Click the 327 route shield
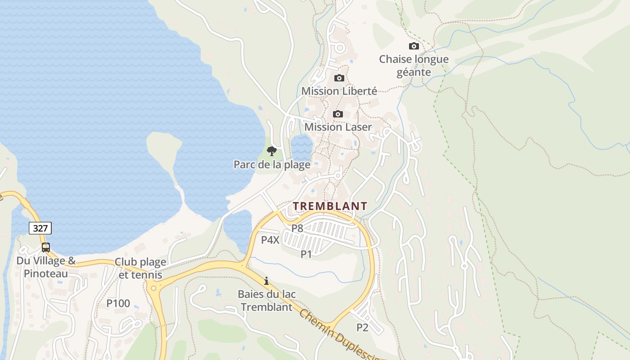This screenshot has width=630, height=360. [x=40, y=228]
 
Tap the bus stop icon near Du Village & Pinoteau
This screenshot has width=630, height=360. [x=46, y=247]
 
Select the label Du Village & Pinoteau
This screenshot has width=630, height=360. [x=46, y=267]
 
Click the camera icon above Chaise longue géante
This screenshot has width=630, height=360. [x=414, y=46]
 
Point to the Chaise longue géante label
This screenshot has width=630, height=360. [x=414, y=66]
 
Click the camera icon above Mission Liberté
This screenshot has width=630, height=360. [x=339, y=78]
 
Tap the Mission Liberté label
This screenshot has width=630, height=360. [x=339, y=91]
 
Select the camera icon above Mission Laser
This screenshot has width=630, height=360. [x=338, y=114]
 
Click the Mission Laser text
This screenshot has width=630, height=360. [x=338, y=127]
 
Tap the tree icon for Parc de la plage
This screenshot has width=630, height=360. [x=271, y=151]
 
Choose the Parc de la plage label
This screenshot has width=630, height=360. [x=272, y=165]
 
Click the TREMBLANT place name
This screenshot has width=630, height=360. [x=330, y=206]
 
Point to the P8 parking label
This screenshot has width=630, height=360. [x=297, y=228]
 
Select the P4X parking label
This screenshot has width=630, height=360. [x=270, y=240]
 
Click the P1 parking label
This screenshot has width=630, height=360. [x=306, y=254]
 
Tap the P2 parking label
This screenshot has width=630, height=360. [x=362, y=328]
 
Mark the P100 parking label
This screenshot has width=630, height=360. [x=118, y=303]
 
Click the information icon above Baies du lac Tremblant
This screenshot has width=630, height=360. [x=266, y=281]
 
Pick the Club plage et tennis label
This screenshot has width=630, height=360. [x=140, y=268]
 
